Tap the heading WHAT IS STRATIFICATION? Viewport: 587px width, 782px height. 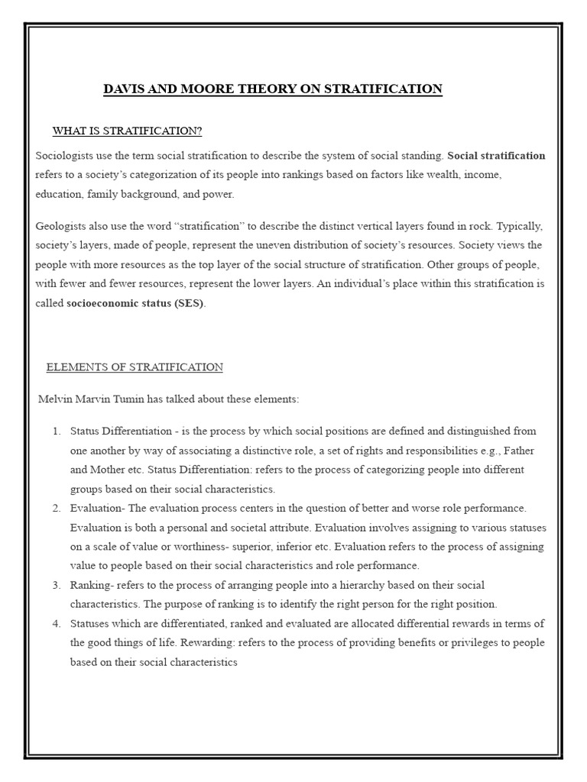point(127,131)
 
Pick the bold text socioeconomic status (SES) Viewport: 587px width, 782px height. point(136,302)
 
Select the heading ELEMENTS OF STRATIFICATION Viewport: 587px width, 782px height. point(135,367)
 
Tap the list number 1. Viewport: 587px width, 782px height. point(57,431)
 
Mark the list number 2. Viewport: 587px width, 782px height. point(57,508)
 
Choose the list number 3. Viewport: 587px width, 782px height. point(57,585)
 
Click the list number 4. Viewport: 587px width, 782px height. point(57,623)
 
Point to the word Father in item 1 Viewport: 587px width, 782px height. point(519,451)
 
